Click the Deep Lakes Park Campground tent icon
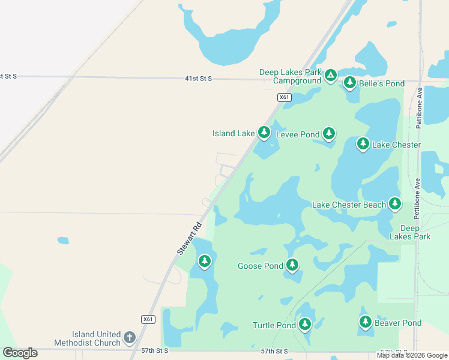[331, 76]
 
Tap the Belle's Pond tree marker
[349, 83]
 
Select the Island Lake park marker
[264, 133]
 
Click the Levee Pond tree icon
[328, 133]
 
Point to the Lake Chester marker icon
[363, 143]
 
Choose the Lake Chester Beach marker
[394, 204]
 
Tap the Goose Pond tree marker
[292, 265]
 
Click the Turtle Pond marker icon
[305, 325]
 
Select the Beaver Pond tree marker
[366, 322]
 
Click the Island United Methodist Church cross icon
[129, 338]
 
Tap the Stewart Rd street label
[189, 239]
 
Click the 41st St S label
[198, 79]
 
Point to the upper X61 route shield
[285, 97]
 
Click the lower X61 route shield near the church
[148, 319]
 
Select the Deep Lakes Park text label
[410, 232]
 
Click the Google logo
[20, 353]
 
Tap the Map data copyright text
[412, 355]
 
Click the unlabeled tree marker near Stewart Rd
[205, 261]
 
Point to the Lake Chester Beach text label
[349, 205]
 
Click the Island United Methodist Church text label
[96, 338]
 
